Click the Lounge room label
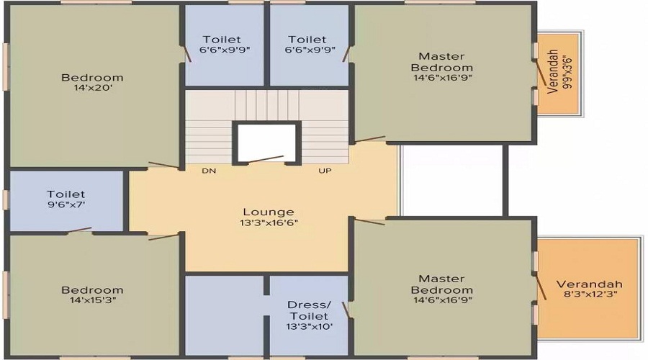pos(268,212)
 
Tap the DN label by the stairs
pos(209,171)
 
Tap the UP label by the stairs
pos(325,171)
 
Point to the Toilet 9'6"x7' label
pos(66,199)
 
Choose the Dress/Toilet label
pos(308,310)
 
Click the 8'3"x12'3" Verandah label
pos(589,289)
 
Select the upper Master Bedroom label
pos(442,62)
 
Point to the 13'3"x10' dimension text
pos(308,326)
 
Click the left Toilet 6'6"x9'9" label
pos(221,45)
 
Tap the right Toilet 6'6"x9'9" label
pos(307,45)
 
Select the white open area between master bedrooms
pos(451,180)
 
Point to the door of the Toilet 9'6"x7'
pos(79,231)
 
